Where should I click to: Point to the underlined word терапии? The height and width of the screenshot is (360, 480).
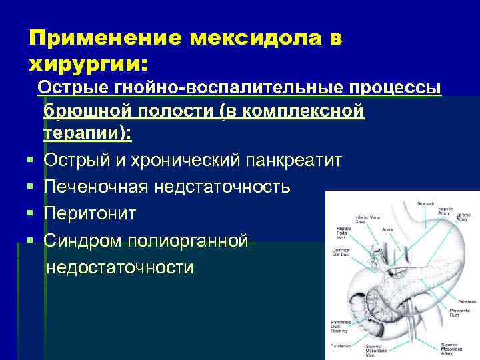pyautogui.click(x=87, y=133)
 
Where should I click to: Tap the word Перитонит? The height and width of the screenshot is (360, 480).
pyautogui.click(x=89, y=213)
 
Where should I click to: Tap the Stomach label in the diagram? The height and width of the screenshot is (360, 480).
pyautogui.click(x=425, y=203)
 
